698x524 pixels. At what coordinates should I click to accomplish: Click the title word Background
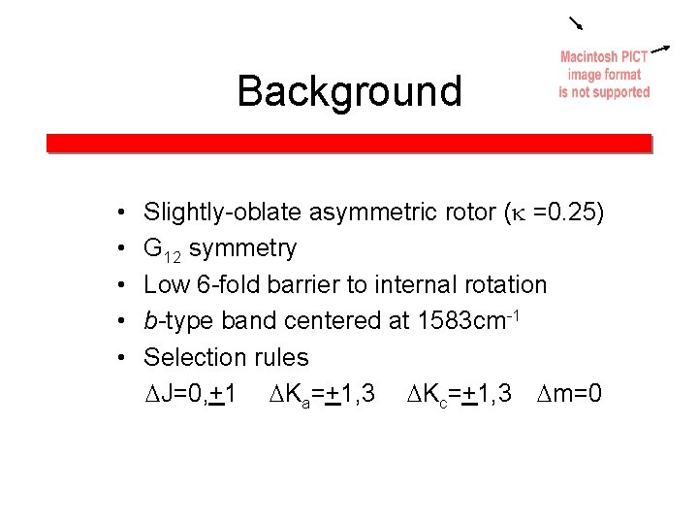pos(349,92)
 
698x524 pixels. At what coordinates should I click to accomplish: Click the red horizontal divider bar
pos(349,143)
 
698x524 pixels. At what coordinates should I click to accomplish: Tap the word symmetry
pos(243,248)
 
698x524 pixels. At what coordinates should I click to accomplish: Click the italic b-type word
pos(178,321)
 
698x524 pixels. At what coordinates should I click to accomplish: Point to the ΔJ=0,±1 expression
pos(189,394)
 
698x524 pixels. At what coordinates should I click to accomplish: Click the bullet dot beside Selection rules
pos(117,357)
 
